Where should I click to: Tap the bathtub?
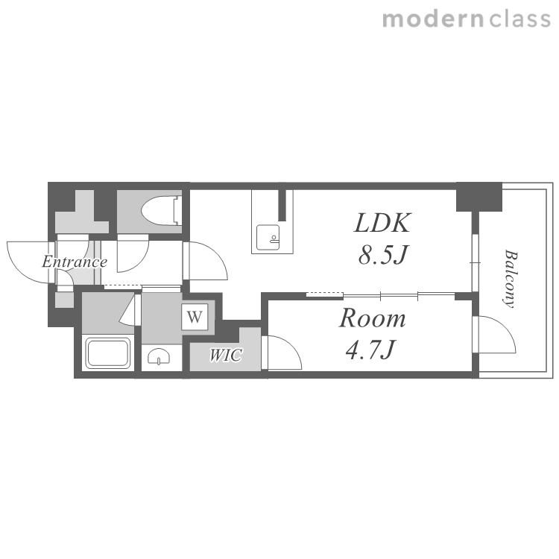pos(107,353)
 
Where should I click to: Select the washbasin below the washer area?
pos(159,356)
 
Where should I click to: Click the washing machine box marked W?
pos(195,317)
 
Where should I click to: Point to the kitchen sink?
pos(268,238)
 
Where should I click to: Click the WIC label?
pos(226,355)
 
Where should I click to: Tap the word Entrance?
pos(75,262)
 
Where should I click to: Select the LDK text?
pos(382,223)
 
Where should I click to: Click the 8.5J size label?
pos(383,255)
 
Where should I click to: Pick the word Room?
pos(372,318)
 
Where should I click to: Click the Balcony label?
pos(511,279)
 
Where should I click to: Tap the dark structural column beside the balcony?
pos(479,197)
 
